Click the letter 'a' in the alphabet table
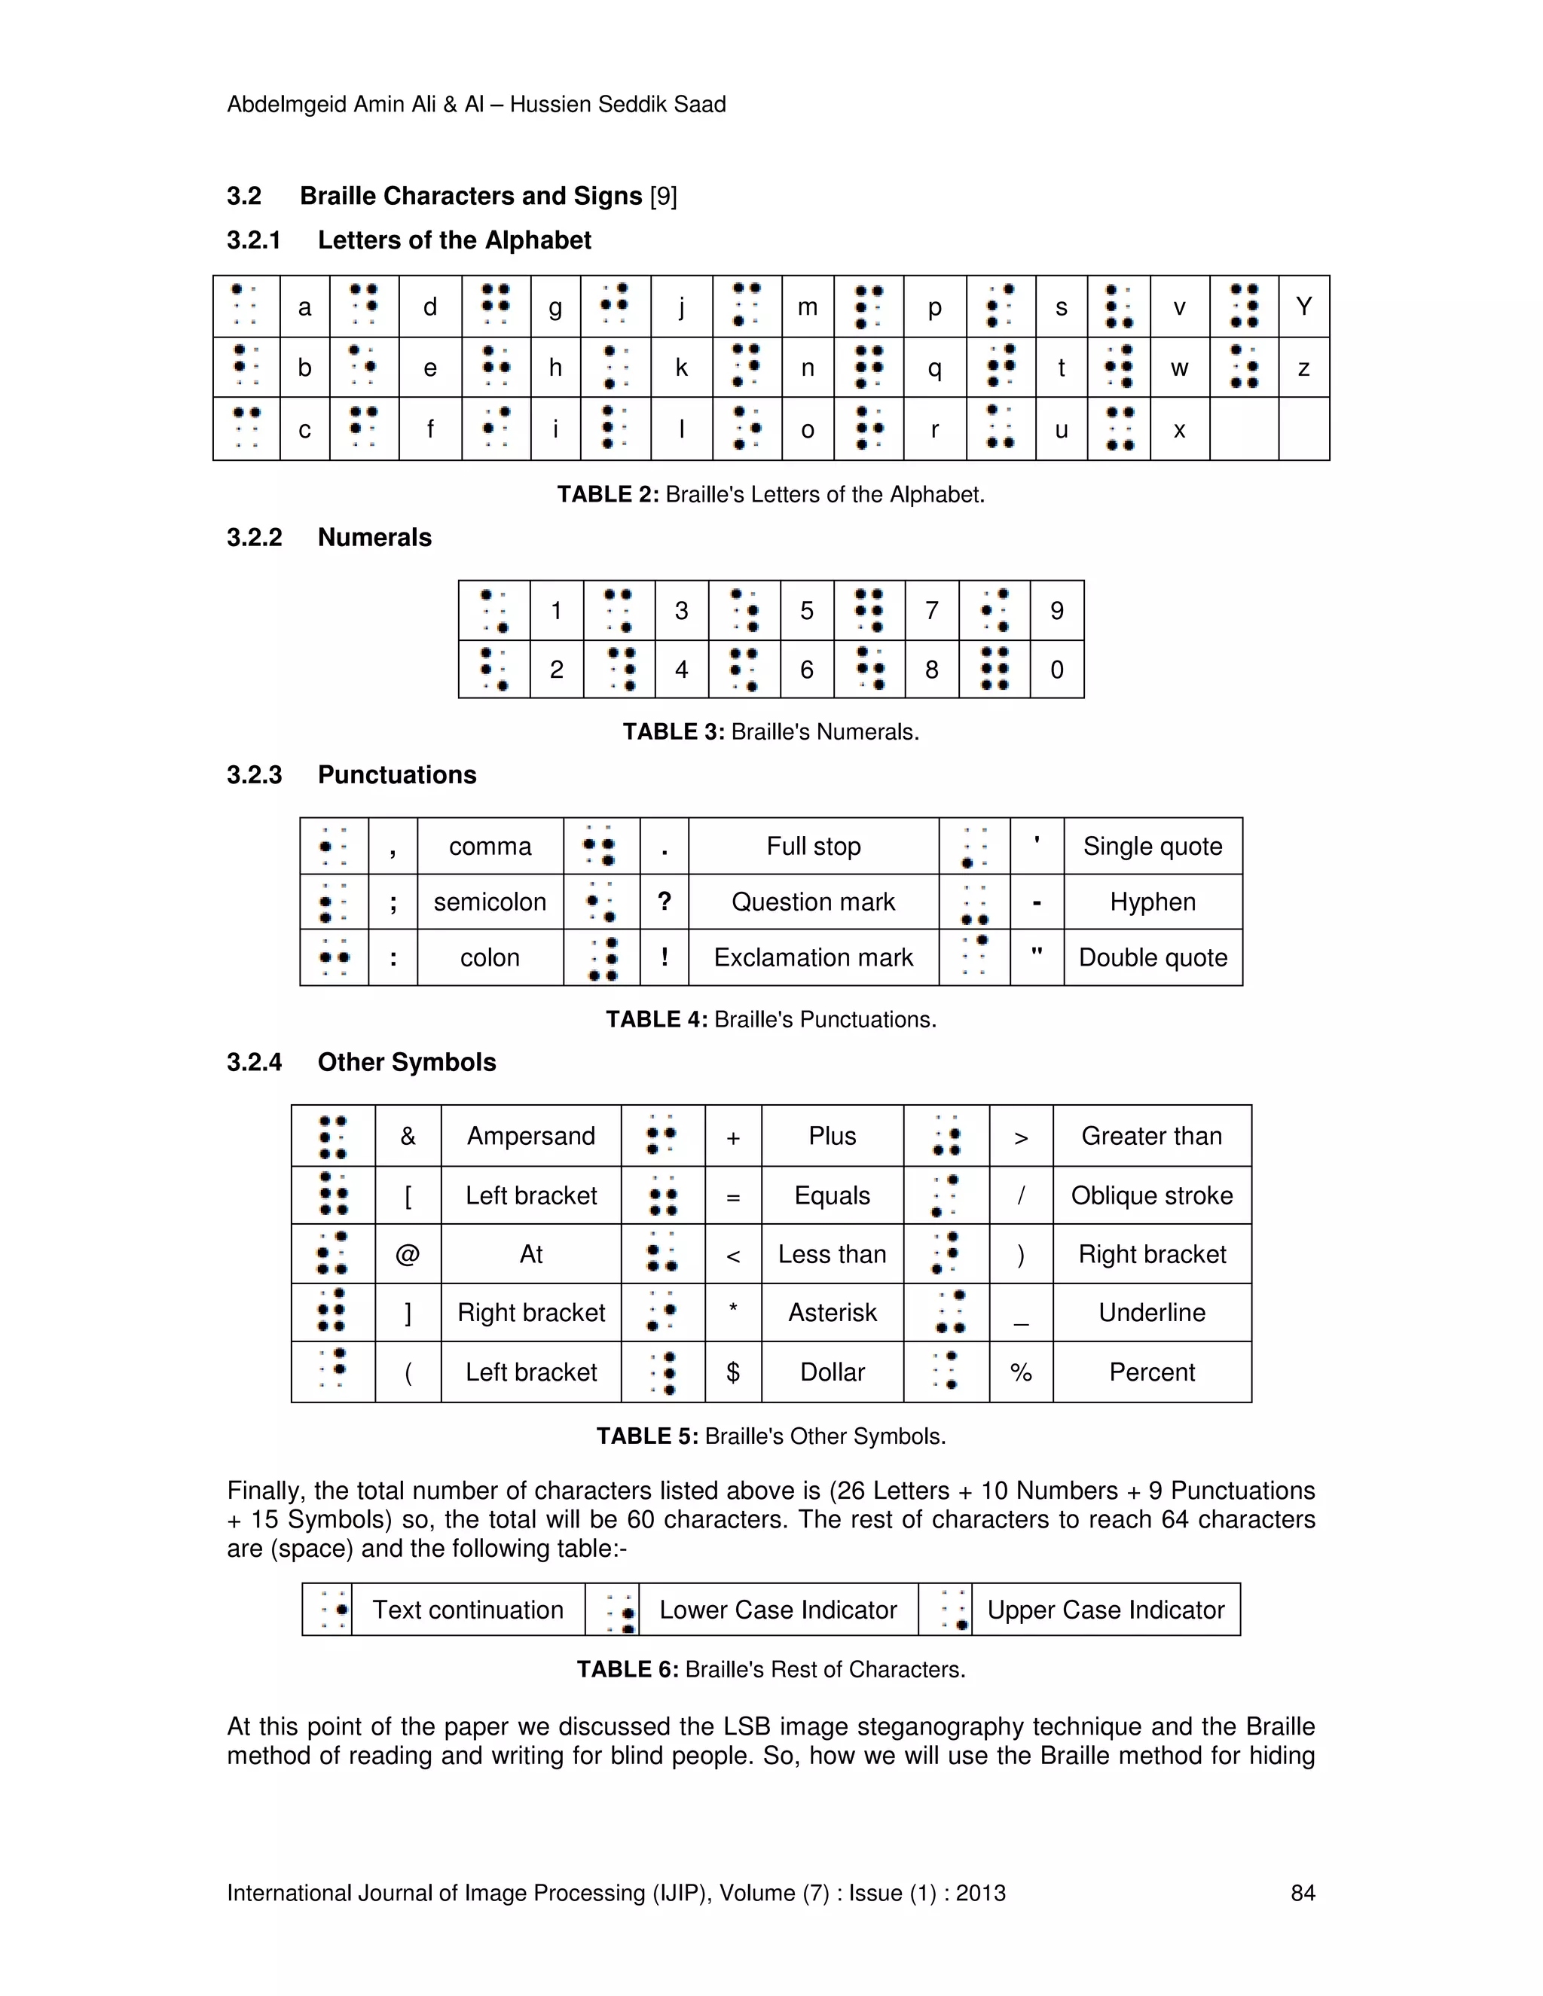point(304,307)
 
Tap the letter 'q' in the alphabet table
point(934,368)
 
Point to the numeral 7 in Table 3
point(931,611)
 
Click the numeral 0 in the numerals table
point(1057,670)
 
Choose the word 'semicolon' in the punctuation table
point(490,902)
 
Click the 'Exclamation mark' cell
point(813,958)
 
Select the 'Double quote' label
point(1153,958)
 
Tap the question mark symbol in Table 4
point(665,902)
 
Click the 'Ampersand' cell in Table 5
point(530,1136)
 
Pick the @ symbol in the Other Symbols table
point(408,1254)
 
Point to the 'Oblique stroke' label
point(1152,1195)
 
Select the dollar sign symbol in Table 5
point(733,1372)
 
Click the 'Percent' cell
point(1152,1372)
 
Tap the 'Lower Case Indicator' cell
point(778,1610)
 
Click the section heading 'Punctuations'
point(397,775)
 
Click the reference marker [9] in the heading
point(663,197)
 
